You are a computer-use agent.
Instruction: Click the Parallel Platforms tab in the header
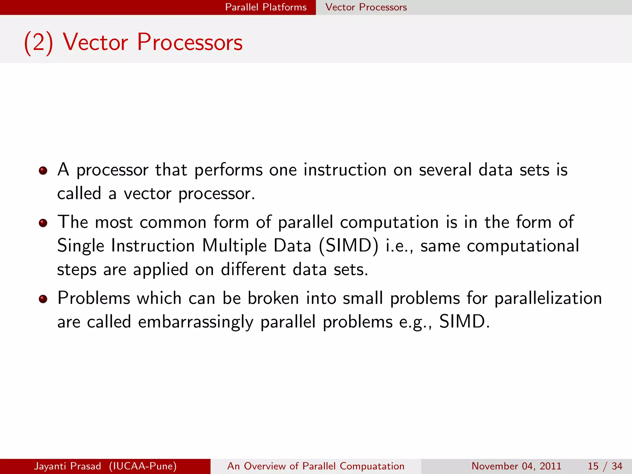click(x=266, y=7)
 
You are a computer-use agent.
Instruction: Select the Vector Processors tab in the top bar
click(x=366, y=7)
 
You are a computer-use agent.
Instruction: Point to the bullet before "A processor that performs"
click(x=43, y=170)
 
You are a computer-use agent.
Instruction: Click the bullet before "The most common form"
click(x=43, y=223)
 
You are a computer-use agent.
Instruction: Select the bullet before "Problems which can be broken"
click(x=43, y=299)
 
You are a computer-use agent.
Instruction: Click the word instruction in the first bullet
click(x=345, y=170)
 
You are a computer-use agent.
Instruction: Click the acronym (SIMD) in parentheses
click(x=348, y=246)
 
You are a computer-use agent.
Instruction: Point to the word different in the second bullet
click(x=253, y=269)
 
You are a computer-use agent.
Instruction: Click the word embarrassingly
click(x=196, y=322)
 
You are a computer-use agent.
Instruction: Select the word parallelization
click(x=548, y=298)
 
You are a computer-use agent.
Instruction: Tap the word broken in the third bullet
click(x=273, y=298)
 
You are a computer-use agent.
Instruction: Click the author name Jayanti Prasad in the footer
click(x=68, y=466)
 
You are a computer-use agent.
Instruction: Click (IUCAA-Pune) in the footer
click(x=143, y=466)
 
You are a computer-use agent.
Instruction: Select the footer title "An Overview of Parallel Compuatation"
click(x=316, y=466)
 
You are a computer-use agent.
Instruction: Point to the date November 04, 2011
click(x=516, y=466)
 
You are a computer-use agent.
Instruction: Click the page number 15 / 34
click(x=605, y=466)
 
